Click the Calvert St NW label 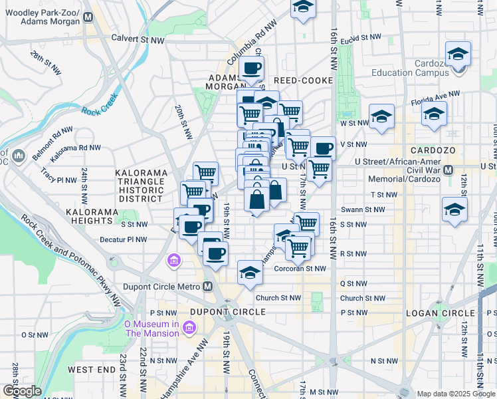pos(138,39)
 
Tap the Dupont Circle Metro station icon pos(208,287)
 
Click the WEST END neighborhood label pos(92,369)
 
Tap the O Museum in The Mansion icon pos(189,327)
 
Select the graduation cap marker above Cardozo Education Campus pos(458,54)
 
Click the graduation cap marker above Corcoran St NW pos(250,273)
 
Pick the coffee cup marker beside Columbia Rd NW pos(252,68)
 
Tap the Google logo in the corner pos(21,391)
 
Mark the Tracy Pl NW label pos(58,180)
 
